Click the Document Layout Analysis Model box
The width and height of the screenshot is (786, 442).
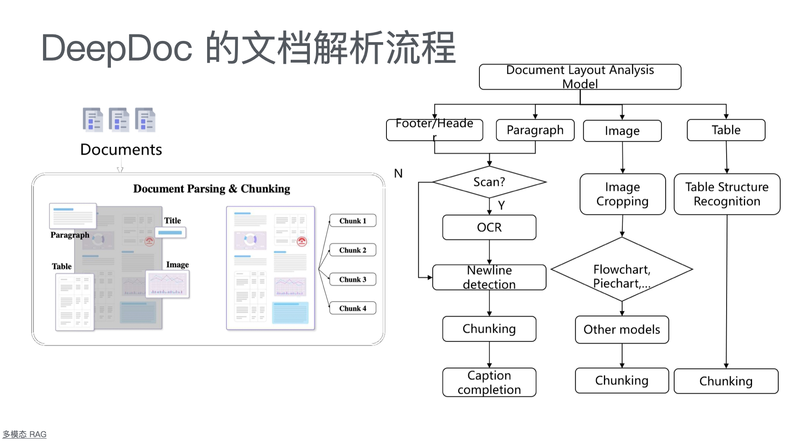tap(580, 77)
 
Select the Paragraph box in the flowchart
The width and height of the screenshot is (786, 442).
tap(535, 130)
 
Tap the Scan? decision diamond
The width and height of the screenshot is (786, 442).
tap(489, 182)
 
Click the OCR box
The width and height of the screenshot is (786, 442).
tap(489, 227)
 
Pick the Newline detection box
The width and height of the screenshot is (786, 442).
tap(489, 277)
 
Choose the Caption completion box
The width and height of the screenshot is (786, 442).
tap(489, 382)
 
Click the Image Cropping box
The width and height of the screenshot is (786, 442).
tap(622, 194)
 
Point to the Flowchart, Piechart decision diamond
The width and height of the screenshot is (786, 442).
tap(622, 270)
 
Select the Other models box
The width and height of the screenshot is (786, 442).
tap(622, 329)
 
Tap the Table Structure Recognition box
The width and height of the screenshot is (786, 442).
tap(727, 194)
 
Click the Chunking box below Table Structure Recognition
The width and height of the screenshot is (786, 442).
tap(726, 381)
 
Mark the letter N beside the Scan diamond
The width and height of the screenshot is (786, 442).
tap(398, 174)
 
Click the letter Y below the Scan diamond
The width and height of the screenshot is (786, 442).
tap(501, 205)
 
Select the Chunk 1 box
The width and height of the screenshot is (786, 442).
tap(352, 221)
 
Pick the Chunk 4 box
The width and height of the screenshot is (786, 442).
tap(352, 308)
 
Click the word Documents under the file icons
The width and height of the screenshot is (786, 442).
tap(121, 150)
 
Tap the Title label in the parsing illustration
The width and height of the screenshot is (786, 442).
tap(172, 221)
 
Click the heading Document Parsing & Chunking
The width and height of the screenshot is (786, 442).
tap(211, 189)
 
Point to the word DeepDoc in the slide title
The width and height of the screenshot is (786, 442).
tap(117, 48)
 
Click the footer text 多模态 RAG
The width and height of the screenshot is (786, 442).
tap(25, 434)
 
